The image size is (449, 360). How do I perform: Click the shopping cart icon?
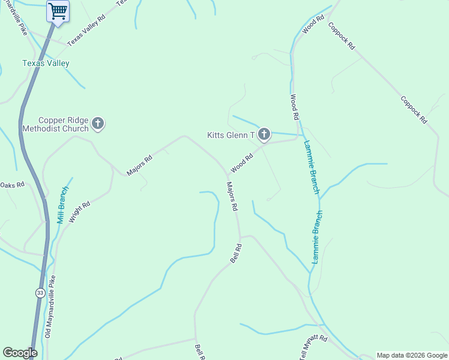(58, 11)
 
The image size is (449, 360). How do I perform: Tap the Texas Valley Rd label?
(86, 31)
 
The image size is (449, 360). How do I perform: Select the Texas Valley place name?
(46, 63)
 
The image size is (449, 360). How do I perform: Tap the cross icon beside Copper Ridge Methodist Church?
(98, 124)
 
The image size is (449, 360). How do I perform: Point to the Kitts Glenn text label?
(231, 135)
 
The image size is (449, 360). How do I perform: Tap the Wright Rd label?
(79, 212)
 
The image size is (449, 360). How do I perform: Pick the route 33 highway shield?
(40, 292)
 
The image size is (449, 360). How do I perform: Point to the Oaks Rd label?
(12, 185)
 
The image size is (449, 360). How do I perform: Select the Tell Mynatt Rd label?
(313, 347)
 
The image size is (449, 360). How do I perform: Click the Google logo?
(20, 353)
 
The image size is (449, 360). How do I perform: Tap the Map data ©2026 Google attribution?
(412, 355)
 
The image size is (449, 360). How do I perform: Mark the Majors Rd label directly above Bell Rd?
(232, 197)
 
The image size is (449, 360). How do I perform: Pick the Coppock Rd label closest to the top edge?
(342, 37)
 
